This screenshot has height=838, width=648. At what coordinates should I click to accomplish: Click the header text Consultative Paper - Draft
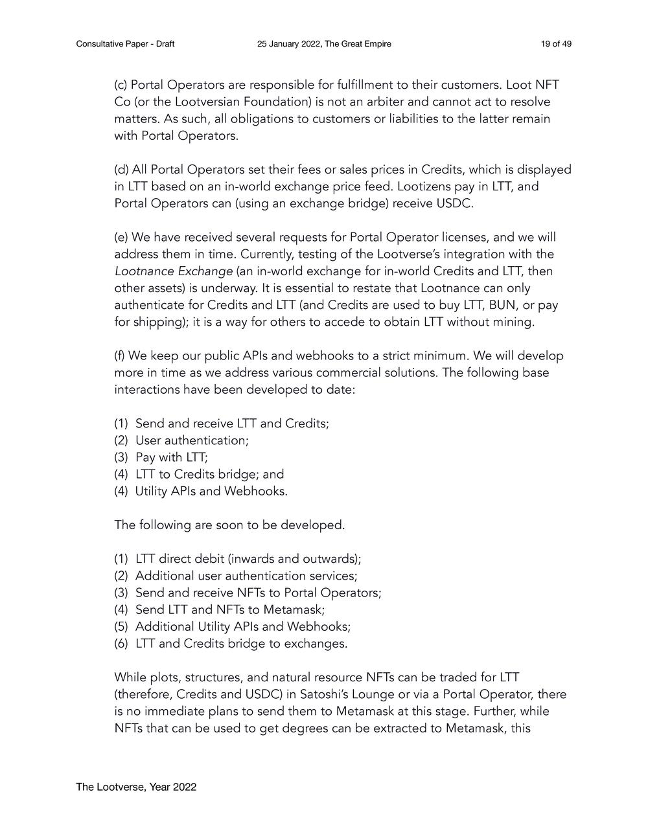[125, 44]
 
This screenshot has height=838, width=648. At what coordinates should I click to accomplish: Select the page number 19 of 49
[556, 44]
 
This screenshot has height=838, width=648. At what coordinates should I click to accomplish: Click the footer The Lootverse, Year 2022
[136, 787]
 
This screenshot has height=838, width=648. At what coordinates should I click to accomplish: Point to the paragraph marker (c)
[121, 85]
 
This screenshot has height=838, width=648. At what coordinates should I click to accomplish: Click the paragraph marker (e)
[121, 237]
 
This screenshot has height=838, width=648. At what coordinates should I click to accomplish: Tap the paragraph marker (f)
[119, 356]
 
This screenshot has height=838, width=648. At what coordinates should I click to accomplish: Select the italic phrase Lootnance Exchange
[173, 271]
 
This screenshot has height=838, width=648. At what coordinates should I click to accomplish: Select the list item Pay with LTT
[172, 457]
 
